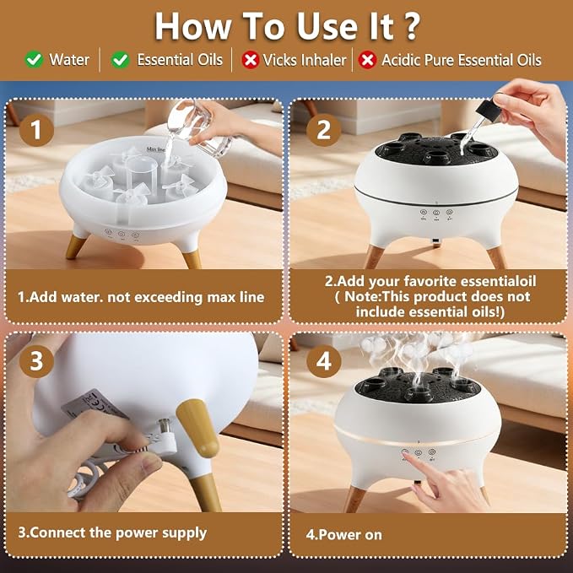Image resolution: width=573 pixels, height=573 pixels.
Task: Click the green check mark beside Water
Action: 35,59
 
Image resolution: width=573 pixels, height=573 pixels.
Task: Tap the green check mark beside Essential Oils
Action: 120,59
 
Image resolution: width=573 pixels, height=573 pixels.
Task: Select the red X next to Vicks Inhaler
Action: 251,60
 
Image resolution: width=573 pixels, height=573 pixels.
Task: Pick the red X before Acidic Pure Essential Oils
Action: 367,60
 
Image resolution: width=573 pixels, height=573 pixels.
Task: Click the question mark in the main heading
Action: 412,26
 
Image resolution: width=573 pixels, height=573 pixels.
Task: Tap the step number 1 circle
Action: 36,130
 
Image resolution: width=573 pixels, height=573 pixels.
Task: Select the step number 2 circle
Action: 323,130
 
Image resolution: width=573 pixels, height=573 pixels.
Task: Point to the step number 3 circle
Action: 36,361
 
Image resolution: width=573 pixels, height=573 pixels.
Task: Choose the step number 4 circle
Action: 323,361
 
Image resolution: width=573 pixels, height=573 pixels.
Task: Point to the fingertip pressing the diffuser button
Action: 407,454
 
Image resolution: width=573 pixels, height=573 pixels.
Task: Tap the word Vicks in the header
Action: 280,60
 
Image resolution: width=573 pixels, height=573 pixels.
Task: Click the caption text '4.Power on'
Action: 343,535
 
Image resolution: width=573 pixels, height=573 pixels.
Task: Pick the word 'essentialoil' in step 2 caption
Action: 498,281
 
